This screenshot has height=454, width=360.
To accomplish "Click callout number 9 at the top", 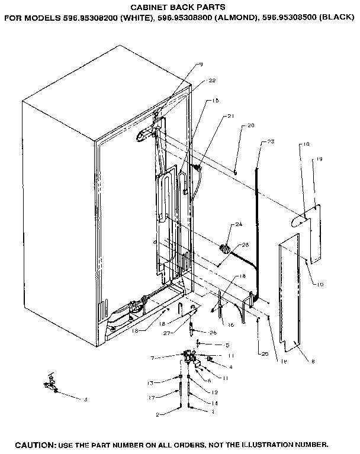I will pyautogui.click(x=201, y=64).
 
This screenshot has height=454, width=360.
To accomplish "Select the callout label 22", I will pyautogui.click(x=211, y=81).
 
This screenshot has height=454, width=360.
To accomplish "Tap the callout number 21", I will pyautogui.click(x=230, y=117).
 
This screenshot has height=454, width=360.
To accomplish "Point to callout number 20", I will pyautogui.click(x=250, y=125).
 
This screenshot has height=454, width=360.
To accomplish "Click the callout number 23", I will pyautogui.click(x=271, y=141).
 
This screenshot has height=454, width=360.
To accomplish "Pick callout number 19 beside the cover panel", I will pyautogui.click(x=319, y=159).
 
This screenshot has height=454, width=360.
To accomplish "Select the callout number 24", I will pyautogui.click(x=239, y=224).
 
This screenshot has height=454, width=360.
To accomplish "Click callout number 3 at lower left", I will pyautogui.click(x=85, y=400).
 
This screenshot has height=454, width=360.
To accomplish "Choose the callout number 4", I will pyautogui.click(x=230, y=366).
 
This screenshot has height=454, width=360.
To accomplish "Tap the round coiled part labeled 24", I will pyautogui.click(x=224, y=248).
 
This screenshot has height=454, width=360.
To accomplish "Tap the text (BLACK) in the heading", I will pyautogui.click(x=337, y=18).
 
